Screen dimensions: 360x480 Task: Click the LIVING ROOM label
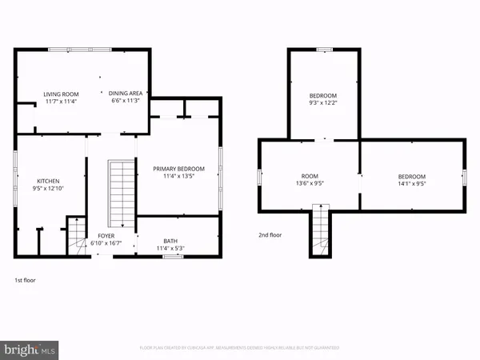coord(60,94)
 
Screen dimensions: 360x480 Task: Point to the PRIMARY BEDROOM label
coord(178,169)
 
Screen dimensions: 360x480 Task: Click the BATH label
coord(170,241)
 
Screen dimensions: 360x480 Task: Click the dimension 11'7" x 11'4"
coord(60,101)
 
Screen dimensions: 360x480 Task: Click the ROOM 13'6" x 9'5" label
coord(310,180)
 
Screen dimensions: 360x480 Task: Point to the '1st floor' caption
coord(25,281)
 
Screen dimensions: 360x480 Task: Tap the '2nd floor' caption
coord(270,235)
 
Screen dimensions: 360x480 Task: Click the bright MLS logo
coord(30,349)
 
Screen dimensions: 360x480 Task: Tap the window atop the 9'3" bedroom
coord(323,50)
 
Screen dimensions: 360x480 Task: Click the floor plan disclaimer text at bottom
coord(240,349)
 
